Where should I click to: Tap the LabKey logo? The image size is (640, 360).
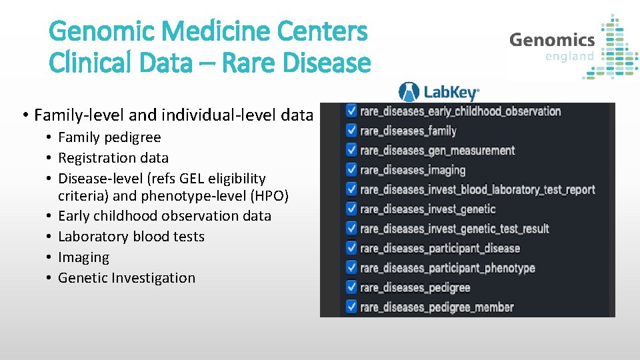tap(439, 92)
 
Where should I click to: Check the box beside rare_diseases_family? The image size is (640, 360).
tap(351, 131)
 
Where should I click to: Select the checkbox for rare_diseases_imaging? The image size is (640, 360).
tap(351, 170)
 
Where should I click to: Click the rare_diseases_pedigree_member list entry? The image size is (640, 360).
tap(436, 307)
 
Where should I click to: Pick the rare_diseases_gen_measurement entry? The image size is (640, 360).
tap(437, 151)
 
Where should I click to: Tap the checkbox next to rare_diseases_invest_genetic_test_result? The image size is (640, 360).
tap(351, 229)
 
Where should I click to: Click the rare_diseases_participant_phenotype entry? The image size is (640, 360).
tap(447, 268)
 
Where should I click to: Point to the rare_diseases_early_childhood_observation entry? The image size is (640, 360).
tap(460, 111)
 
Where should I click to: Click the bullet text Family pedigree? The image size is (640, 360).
tap(109, 137)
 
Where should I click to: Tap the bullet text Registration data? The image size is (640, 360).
tap(113, 158)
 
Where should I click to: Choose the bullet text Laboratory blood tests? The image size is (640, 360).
tap(131, 237)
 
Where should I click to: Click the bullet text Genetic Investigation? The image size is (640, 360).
tap(127, 278)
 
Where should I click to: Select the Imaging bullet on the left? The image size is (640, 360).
tap(83, 257)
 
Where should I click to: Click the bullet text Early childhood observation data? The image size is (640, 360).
tap(164, 216)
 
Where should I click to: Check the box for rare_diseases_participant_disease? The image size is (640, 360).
tap(351, 249)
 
